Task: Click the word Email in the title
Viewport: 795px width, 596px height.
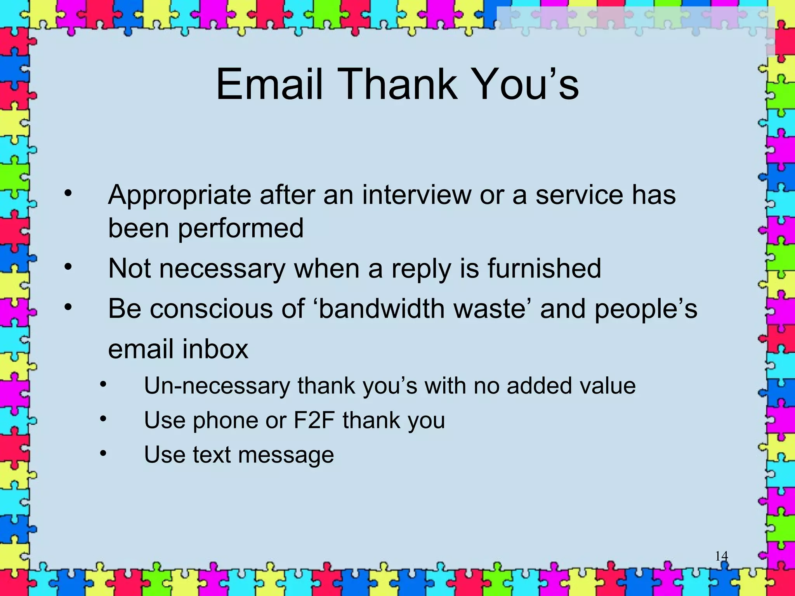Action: tap(269, 84)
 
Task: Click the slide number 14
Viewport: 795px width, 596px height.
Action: tap(721, 556)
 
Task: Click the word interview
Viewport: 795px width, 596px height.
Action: tap(416, 195)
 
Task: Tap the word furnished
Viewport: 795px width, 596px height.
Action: tap(544, 269)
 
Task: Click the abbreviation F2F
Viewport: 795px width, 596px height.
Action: tap(314, 420)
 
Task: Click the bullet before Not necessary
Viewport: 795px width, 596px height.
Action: tap(68, 267)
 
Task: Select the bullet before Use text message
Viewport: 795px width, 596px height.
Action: tap(103, 453)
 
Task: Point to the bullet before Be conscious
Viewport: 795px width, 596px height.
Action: tap(68, 307)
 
